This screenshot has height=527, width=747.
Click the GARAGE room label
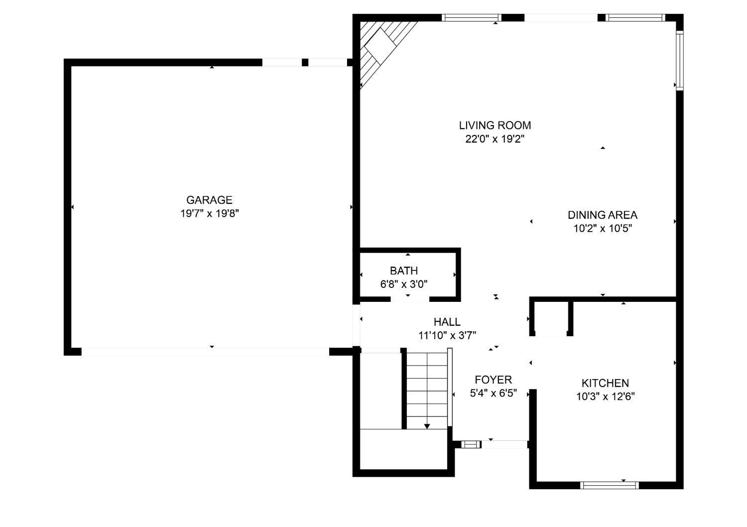(x=209, y=200)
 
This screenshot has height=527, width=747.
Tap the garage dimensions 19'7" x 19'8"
(x=210, y=214)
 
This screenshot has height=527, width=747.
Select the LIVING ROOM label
(x=495, y=126)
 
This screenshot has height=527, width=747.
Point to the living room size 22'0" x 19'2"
(x=495, y=139)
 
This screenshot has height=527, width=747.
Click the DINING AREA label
(x=603, y=215)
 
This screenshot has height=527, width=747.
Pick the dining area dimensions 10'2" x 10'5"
(x=603, y=229)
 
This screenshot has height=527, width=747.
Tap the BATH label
(x=404, y=270)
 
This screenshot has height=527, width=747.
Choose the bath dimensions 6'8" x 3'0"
(x=404, y=284)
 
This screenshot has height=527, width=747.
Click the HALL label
(x=447, y=322)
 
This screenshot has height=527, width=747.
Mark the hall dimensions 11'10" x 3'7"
(x=447, y=336)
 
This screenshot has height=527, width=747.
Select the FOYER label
(x=493, y=380)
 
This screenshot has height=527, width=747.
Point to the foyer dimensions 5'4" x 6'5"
(x=493, y=393)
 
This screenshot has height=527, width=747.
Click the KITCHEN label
(x=605, y=383)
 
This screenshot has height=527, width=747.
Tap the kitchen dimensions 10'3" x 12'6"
(x=605, y=396)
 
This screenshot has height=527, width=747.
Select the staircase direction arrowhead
(x=427, y=426)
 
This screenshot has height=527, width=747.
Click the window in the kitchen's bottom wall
(x=609, y=485)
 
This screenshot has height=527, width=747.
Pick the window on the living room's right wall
(x=680, y=60)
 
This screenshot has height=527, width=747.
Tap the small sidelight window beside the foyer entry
(x=471, y=444)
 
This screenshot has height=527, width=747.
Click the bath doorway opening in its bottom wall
(x=410, y=299)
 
